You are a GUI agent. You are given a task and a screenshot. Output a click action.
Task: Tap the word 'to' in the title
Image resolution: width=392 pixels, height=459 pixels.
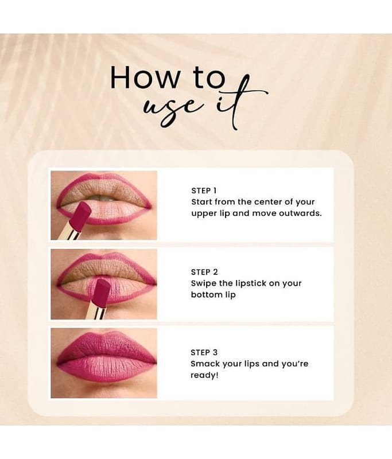pyautogui.click(x=209, y=77)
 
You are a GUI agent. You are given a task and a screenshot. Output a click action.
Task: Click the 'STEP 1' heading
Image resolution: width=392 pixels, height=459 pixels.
pyautogui.click(x=204, y=190)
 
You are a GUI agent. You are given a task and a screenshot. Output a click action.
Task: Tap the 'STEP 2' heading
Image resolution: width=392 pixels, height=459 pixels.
pyautogui.click(x=204, y=272)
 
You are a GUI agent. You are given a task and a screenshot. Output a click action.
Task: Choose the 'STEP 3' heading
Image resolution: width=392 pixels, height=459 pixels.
pyautogui.click(x=204, y=352)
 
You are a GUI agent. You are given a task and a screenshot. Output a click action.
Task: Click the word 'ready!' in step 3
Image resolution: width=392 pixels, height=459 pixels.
pyautogui.click(x=204, y=375)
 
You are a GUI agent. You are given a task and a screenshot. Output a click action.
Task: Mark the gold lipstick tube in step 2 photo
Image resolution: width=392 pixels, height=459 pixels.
pyautogui.click(x=96, y=311)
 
